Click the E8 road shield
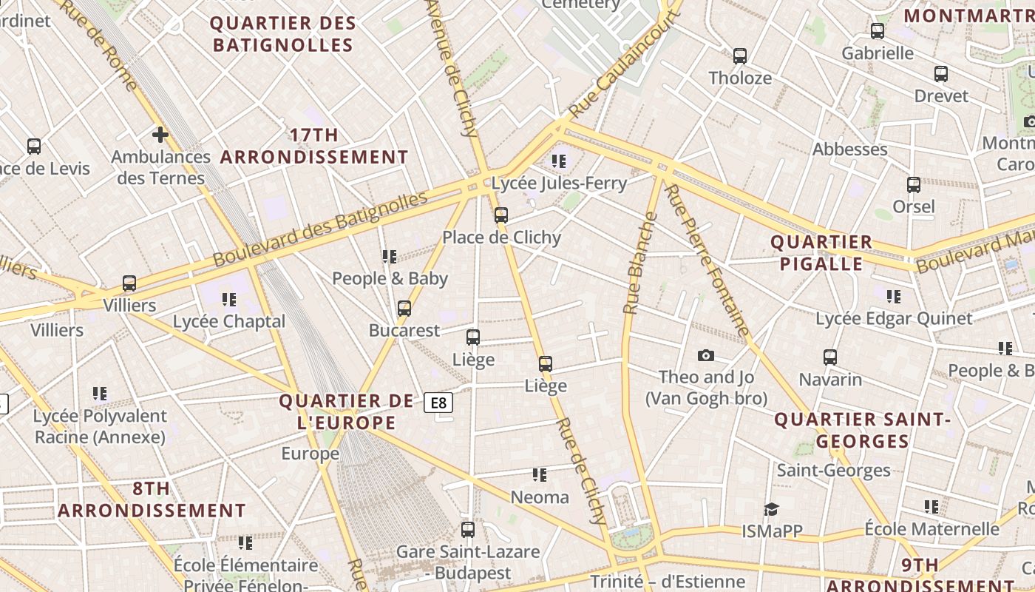pyautogui.click(x=438, y=403)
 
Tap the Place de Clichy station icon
pyautogui.click(x=501, y=215)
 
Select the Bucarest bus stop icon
pyautogui.click(x=404, y=309)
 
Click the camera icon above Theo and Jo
pyautogui.click(x=706, y=356)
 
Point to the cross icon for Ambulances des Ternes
pyautogui.click(x=160, y=135)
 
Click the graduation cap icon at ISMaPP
pyautogui.click(x=772, y=509)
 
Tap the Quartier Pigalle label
pyautogui.click(x=821, y=253)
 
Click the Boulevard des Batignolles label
pyautogui.click(x=320, y=229)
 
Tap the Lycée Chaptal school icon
pyautogui.click(x=229, y=300)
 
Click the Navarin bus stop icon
pyautogui.click(x=830, y=357)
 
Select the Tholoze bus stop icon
pyautogui.click(x=740, y=56)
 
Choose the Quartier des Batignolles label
pyautogui.click(x=283, y=34)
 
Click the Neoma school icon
pyautogui.click(x=540, y=475)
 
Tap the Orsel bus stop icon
pyautogui.click(x=914, y=185)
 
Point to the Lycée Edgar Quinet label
pyautogui.click(x=894, y=319)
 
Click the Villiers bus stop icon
pyautogui.click(x=129, y=283)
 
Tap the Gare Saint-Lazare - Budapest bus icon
pyautogui.click(x=468, y=530)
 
